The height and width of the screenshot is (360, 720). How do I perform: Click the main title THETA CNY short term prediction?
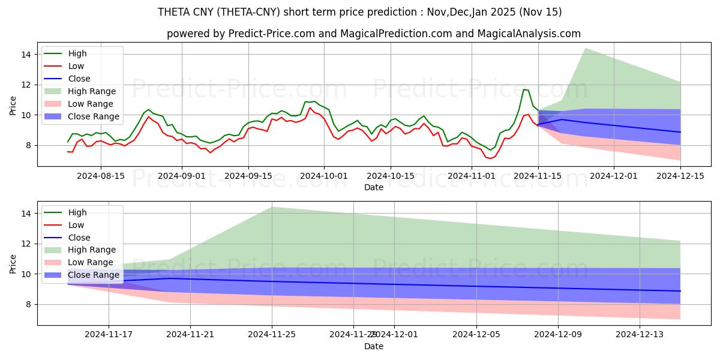click(359, 12)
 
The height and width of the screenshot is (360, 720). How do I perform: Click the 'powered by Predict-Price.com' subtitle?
click(373, 34)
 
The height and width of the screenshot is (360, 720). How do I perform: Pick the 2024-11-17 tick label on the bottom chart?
click(109, 335)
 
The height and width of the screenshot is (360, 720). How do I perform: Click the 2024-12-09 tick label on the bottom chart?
click(558, 335)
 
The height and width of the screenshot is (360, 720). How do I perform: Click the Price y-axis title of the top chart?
click(13, 106)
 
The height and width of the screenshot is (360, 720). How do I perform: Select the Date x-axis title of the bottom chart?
click(373, 346)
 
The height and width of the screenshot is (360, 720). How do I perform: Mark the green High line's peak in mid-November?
click(524, 89)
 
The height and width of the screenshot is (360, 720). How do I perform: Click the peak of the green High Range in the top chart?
click(585, 48)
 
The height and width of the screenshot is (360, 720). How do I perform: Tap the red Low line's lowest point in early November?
click(490, 158)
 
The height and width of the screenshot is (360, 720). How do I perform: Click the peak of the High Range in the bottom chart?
click(272, 207)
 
